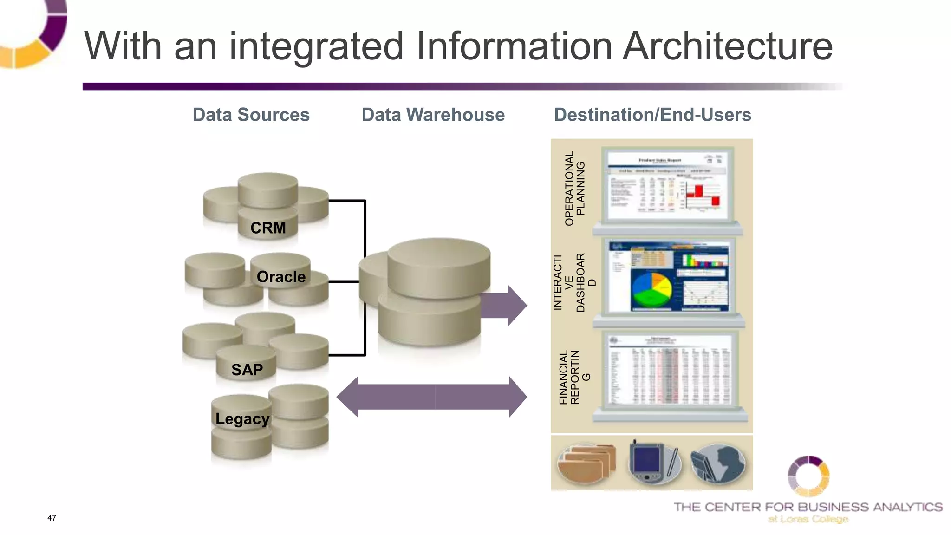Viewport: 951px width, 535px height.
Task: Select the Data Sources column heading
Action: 251,115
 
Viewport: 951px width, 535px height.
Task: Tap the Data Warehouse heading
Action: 433,115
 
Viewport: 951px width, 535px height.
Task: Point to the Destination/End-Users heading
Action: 652,115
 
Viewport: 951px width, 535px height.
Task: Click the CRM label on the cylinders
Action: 268,228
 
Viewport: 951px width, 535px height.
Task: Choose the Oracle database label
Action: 281,277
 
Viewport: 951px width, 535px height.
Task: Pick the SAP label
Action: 247,370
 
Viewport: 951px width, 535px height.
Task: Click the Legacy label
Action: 242,419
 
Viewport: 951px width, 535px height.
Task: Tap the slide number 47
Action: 52,518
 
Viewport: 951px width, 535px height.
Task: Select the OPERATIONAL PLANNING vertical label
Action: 574,189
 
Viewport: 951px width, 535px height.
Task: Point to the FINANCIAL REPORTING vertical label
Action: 574,377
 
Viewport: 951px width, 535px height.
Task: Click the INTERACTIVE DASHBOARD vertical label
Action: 574,282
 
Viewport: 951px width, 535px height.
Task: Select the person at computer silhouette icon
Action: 717,463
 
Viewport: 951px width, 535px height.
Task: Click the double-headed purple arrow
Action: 431,397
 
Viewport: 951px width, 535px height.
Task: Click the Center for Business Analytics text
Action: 808,507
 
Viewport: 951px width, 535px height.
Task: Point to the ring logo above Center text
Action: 808,476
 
